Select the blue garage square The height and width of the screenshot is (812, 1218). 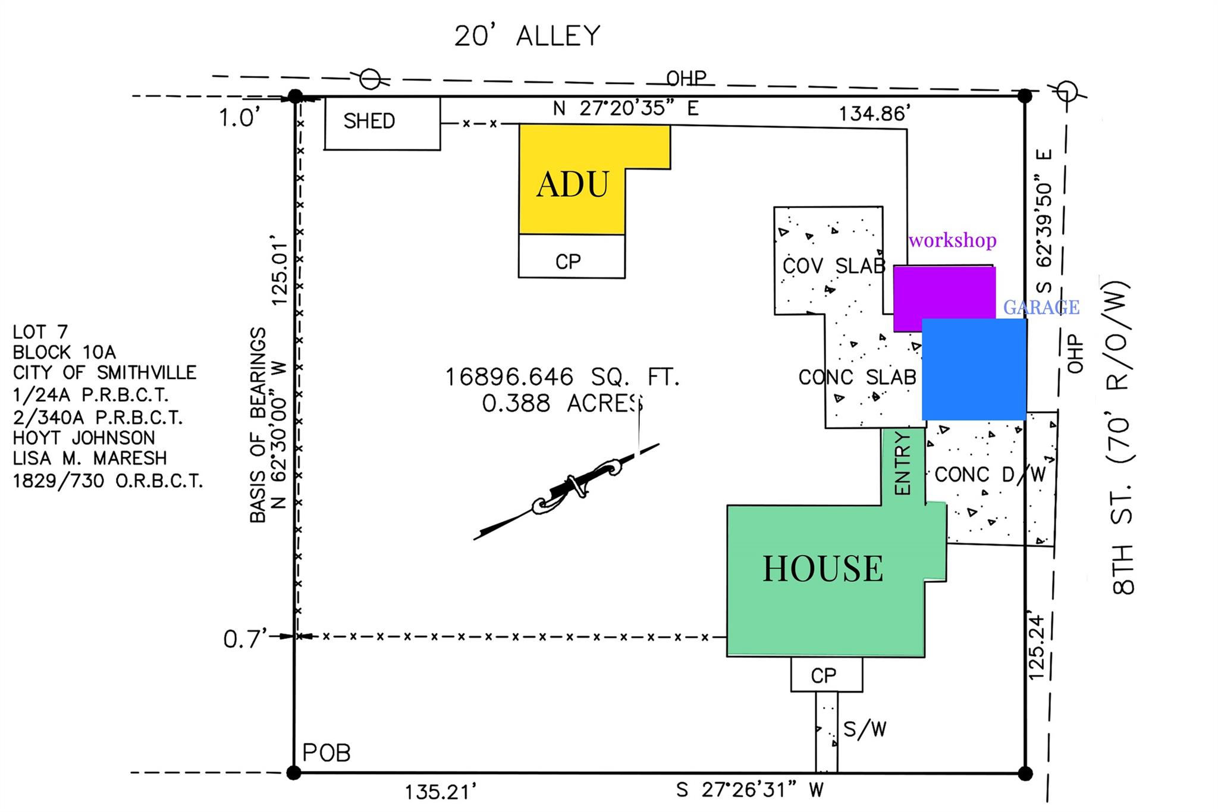[x=974, y=369]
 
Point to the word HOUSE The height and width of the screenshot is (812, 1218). [x=823, y=568]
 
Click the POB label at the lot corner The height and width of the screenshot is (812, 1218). [x=327, y=753]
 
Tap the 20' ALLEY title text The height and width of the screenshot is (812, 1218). [x=527, y=36]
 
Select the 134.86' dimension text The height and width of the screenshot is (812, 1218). [x=874, y=114]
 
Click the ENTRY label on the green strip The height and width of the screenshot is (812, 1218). [x=902, y=464]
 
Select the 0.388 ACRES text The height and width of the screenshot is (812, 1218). [x=562, y=403]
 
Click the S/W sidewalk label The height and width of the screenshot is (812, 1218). [x=864, y=729]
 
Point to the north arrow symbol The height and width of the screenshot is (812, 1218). [x=565, y=491]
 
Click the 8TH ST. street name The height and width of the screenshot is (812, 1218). [x=1122, y=541]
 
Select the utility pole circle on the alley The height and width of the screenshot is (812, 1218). [x=371, y=78]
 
